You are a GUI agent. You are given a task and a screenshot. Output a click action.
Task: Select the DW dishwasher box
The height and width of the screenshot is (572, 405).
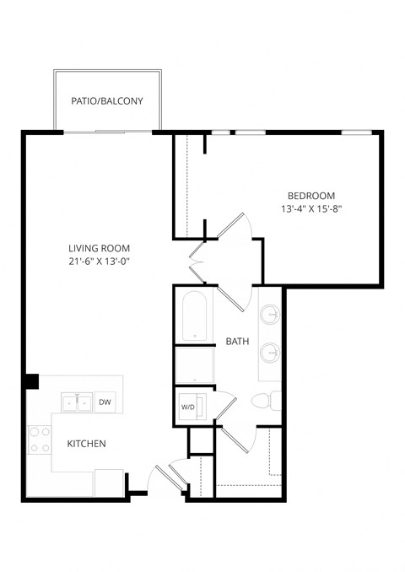[105, 402]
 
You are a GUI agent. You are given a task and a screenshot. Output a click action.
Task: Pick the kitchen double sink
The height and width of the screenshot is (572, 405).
[76, 402]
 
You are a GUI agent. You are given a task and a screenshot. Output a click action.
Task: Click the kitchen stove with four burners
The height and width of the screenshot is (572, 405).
[39, 440]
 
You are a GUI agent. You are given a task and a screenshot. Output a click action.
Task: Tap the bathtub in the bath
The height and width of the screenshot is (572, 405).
[195, 317]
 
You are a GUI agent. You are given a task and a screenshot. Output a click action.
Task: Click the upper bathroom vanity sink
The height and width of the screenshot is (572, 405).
[270, 316]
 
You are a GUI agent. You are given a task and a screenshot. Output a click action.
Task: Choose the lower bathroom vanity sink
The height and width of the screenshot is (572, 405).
[270, 352]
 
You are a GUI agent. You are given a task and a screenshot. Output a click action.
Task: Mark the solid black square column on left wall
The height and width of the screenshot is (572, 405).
[31, 381]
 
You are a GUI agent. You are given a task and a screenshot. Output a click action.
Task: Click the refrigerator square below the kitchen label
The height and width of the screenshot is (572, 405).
[109, 483]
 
